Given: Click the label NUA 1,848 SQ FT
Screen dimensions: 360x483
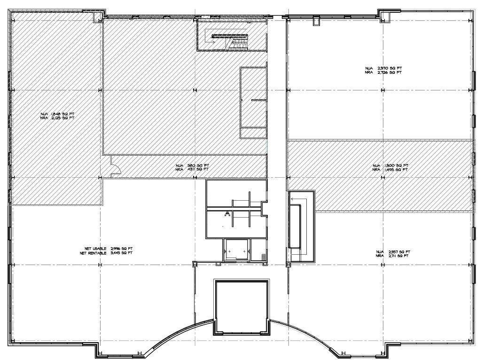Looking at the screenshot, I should [x=57, y=114].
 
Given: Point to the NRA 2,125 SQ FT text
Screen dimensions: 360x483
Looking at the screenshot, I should [x=57, y=118].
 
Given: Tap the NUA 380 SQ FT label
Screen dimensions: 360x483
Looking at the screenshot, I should [x=193, y=165].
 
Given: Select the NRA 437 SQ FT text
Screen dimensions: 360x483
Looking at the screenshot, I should [x=193, y=170].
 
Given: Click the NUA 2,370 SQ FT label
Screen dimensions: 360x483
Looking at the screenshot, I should [x=383, y=69].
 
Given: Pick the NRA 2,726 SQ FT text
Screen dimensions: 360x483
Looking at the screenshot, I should [x=383, y=73].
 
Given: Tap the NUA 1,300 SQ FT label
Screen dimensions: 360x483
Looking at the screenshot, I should [x=390, y=165].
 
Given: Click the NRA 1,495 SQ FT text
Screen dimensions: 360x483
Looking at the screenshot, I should [x=390, y=170].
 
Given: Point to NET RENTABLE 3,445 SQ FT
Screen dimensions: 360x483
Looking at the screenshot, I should [x=106, y=252].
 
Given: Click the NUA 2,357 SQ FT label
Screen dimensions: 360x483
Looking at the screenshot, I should [x=393, y=251].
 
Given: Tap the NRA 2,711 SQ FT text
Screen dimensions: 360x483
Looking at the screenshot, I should [x=393, y=256].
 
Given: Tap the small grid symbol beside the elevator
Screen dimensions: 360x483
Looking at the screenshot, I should [x=264, y=257].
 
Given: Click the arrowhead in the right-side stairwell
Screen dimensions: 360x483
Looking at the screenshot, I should [x=292, y=199].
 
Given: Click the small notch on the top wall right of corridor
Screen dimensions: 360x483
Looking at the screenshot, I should [x=316, y=21].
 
